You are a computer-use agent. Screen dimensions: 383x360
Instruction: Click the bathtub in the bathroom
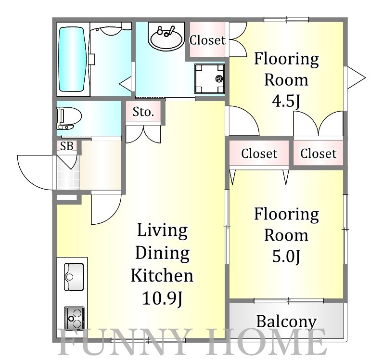click(x=73, y=59)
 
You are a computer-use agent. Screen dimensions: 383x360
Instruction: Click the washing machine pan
click(x=210, y=79)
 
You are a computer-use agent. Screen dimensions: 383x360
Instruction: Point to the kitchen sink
click(x=74, y=277)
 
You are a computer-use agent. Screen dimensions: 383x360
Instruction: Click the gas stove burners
click(x=74, y=318)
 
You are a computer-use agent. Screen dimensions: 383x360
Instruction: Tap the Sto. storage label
click(x=143, y=112)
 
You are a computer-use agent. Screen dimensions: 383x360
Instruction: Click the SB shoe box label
click(x=67, y=146)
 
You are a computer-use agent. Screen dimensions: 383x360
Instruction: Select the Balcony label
click(x=286, y=321)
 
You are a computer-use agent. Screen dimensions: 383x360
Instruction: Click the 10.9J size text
click(x=162, y=298)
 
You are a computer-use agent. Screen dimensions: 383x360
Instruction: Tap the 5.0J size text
click(x=286, y=256)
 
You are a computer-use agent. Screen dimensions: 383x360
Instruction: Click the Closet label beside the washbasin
click(x=207, y=40)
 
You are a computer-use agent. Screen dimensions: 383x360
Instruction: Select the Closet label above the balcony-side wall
click(x=318, y=154)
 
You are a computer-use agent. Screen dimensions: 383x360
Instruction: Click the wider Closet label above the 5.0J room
click(x=259, y=154)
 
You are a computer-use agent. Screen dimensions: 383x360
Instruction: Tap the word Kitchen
click(x=162, y=275)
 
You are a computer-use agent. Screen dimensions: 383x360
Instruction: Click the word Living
click(x=162, y=230)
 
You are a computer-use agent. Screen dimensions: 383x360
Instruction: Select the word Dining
click(x=162, y=253)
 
